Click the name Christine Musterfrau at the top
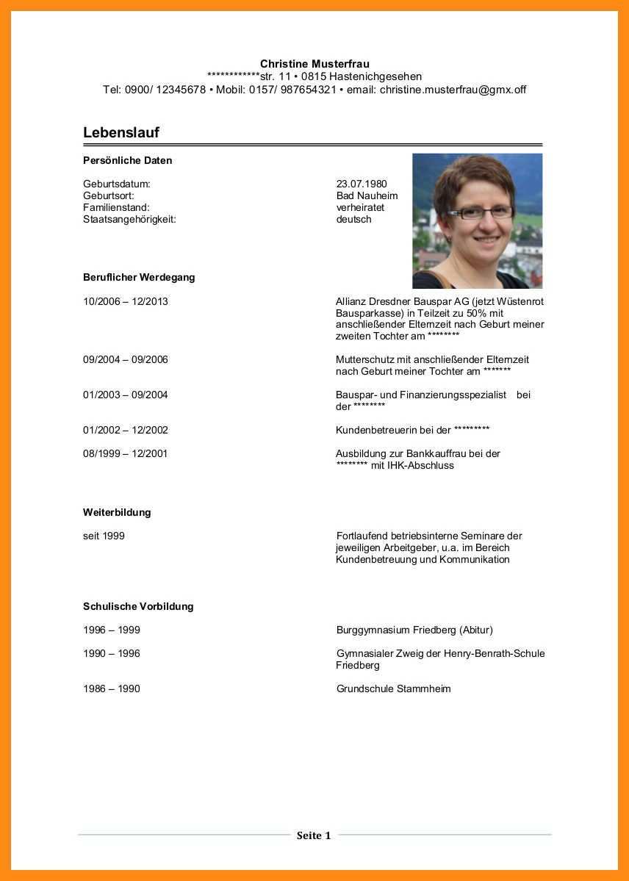pyautogui.click(x=314, y=64)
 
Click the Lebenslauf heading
pyautogui.click(x=121, y=133)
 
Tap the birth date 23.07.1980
pyautogui.click(x=362, y=184)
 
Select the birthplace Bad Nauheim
pyautogui.click(x=367, y=195)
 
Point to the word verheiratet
pyautogui.click(x=360, y=207)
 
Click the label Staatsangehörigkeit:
pyautogui.click(x=129, y=219)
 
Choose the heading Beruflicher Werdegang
pyautogui.click(x=139, y=278)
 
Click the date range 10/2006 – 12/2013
pyautogui.click(x=125, y=301)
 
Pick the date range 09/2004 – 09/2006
pyautogui.click(x=125, y=360)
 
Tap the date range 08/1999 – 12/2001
pyautogui.click(x=125, y=454)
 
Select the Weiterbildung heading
pyautogui.click(x=117, y=513)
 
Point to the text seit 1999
pyautogui.click(x=104, y=536)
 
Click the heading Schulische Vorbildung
pyautogui.click(x=138, y=607)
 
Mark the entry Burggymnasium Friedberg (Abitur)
pyautogui.click(x=414, y=630)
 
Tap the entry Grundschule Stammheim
pyautogui.click(x=393, y=689)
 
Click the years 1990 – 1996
pyautogui.click(x=111, y=654)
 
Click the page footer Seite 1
pyautogui.click(x=314, y=835)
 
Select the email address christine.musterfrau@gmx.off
pyautogui.click(x=453, y=90)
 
